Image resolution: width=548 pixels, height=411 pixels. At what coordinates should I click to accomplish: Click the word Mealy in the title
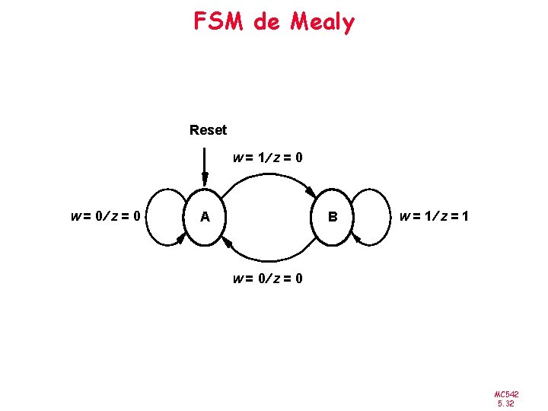[322, 23]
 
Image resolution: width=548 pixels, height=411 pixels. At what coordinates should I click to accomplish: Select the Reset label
[208, 130]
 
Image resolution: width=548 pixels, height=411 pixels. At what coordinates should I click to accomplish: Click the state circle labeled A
[205, 217]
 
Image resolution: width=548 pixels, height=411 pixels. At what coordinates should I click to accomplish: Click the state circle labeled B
[332, 217]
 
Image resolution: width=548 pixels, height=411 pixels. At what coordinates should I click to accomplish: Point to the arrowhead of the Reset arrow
[205, 180]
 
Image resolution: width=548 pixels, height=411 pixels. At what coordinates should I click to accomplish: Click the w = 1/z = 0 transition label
[268, 158]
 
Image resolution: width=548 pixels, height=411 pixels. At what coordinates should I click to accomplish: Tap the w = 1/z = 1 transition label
[434, 217]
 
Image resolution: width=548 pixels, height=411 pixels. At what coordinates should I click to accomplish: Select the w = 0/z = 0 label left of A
[105, 216]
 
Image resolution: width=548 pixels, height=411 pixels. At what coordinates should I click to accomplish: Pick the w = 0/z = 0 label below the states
[268, 279]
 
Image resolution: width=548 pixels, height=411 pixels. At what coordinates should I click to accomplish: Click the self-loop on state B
[381, 216]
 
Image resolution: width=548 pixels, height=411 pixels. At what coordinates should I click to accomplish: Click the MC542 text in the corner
[506, 393]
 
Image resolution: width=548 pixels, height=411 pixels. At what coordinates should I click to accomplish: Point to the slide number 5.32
[506, 403]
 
